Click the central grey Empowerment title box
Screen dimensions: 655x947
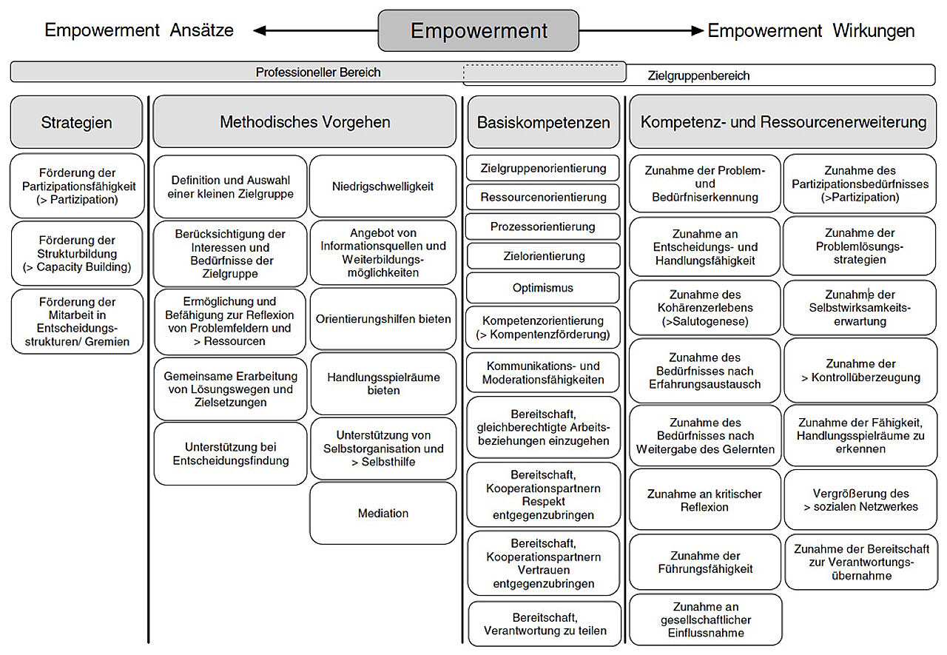tap(478, 30)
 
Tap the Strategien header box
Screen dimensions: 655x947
tap(76, 122)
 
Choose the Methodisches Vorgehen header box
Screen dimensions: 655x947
tap(304, 122)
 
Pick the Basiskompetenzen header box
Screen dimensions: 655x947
tap(543, 122)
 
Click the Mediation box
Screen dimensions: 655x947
tap(382, 513)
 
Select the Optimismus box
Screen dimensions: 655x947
tap(543, 287)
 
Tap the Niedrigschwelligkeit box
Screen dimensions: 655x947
tap(382, 187)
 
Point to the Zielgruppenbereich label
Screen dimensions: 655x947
tap(698, 75)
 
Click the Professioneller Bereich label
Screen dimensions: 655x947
tap(318, 73)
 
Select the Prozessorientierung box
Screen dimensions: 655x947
tap(543, 226)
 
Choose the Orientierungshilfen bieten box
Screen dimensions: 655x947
tap(382, 319)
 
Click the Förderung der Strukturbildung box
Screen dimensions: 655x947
tap(76, 254)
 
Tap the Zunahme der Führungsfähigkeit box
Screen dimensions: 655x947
tap(704, 562)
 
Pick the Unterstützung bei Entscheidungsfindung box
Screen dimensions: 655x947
tap(230, 454)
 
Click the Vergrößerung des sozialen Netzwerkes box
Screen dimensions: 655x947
tap(860, 500)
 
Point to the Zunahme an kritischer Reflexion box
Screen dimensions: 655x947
tap(704, 500)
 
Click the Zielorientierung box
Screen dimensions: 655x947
tap(543, 256)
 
